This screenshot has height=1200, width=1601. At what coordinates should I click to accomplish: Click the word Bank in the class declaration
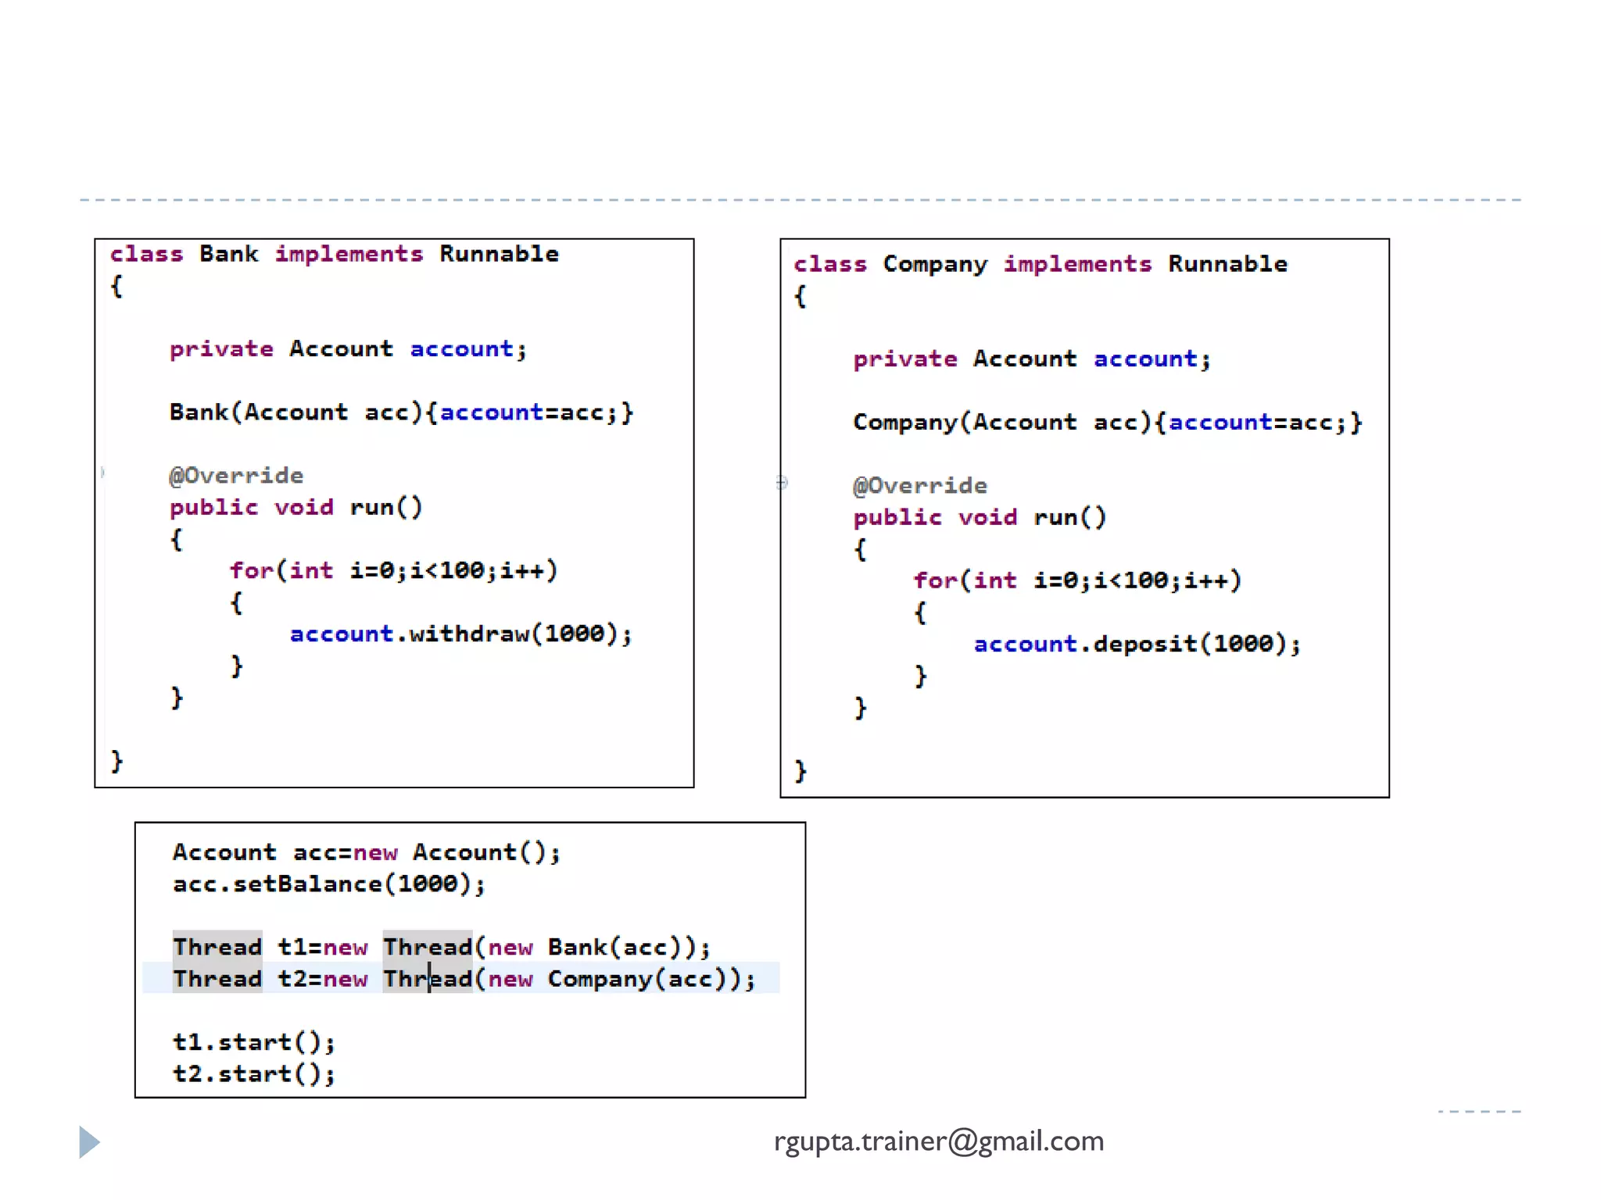[228, 254]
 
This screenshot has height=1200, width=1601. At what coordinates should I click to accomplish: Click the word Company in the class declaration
[935, 264]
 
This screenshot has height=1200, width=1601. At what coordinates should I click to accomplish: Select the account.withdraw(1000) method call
[460, 634]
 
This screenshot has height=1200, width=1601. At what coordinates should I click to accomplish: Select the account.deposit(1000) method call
[1137, 644]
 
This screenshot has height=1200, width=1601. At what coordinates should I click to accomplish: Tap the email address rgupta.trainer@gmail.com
[939, 1141]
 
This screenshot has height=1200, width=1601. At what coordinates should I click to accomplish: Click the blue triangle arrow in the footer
[89, 1142]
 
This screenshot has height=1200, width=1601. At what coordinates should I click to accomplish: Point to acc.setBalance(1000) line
[328, 884]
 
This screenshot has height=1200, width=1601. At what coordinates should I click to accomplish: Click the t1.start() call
[253, 1042]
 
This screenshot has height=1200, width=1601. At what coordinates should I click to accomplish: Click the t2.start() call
[253, 1074]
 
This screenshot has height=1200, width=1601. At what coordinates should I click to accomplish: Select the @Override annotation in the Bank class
[236, 475]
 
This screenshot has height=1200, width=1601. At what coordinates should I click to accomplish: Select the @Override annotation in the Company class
[920, 485]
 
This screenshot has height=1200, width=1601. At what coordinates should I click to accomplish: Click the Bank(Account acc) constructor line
[401, 412]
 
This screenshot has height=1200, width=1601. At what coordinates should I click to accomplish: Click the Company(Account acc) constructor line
[1107, 422]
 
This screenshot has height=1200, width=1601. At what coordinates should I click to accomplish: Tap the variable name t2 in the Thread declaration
[292, 979]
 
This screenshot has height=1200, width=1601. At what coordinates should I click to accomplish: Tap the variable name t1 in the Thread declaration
[292, 947]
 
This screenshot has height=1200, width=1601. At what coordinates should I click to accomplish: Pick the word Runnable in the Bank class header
[499, 254]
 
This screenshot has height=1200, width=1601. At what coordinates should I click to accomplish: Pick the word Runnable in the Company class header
[1227, 264]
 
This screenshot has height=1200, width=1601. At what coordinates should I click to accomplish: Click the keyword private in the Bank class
[221, 348]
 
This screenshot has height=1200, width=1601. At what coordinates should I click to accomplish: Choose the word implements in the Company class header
[1077, 264]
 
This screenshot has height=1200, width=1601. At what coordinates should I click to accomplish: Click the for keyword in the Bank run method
[250, 570]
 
